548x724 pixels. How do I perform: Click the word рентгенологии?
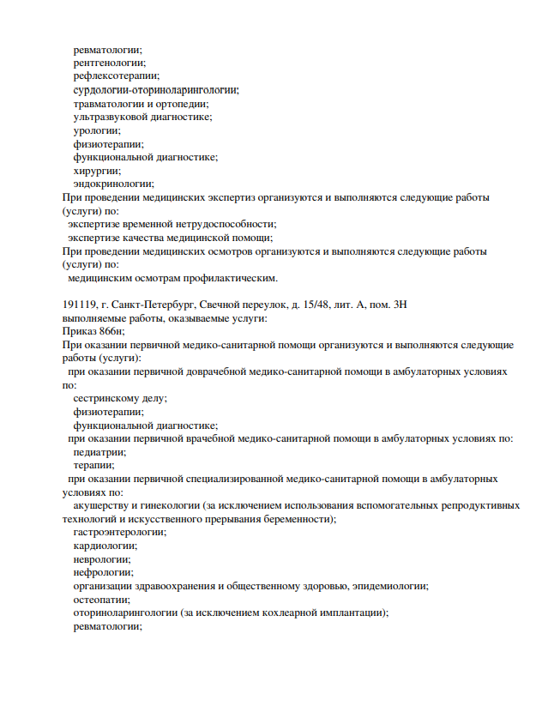tap(109, 62)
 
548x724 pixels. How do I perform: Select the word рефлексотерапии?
tap(116, 75)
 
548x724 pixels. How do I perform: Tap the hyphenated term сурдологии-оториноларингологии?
tap(155, 89)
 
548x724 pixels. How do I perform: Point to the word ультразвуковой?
tap(107, 117)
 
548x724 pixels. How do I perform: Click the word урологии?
tap(96, 130)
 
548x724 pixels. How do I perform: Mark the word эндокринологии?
tap(113, 184)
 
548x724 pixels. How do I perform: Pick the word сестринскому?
tap(107, 398)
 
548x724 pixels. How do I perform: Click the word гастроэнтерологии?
tap(120, 532)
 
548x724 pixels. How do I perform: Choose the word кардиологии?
tap(105, 546)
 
